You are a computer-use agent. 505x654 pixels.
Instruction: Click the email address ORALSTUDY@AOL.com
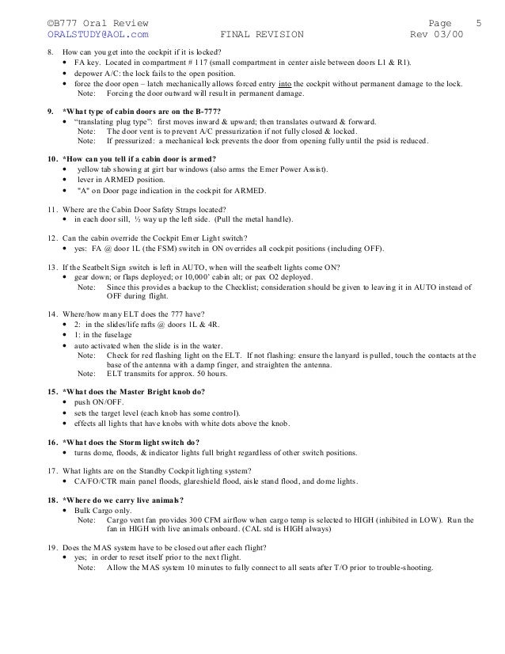pos(98,34)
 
